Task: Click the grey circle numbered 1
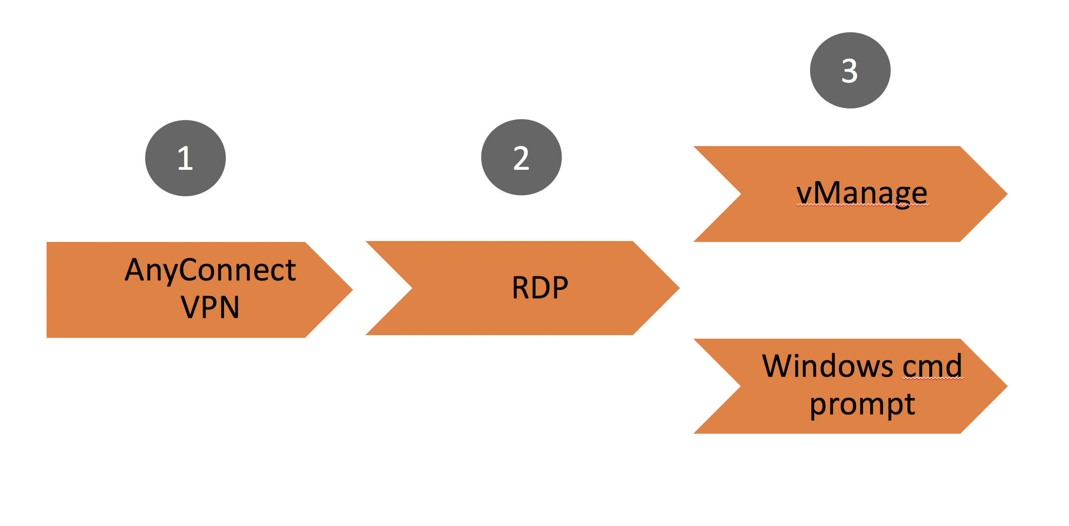pyautogui.click(x=185, y=158)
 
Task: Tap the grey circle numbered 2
pyautogui.click(x=521, y=157)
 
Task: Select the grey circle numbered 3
pyautogui.click(x=850, y=70)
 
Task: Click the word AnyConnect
pyautogui.click(x=210, y=270)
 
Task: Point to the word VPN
pyautogui.click(x=210, y=307)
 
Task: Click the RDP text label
pyautogui.click(x=540, y=288)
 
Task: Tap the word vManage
pyautogui.click(x=862, y=193)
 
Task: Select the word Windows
pyautogui.click(x=828, y=366)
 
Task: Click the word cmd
pyautogui.click(x=932, y=366)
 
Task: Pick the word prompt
pyautogui.click(x=862, y=404)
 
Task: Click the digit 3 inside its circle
pyautogui.click(x=849, y=71)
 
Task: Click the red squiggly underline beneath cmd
pyautogui.click(x=932, y=379)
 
